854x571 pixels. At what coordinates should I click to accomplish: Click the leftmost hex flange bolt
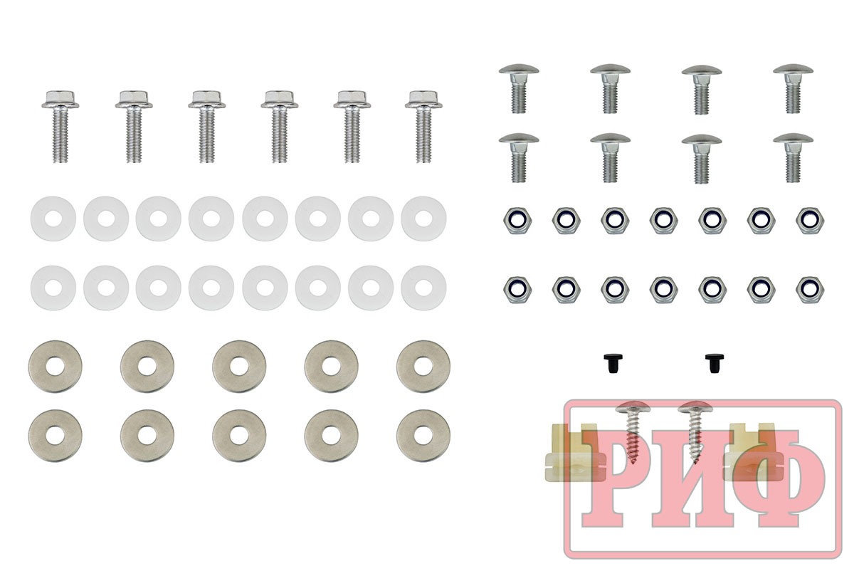pyautogui.click(x=60, y=127)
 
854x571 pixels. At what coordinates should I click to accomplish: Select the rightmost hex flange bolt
pyautogui.click(x=423, y=127)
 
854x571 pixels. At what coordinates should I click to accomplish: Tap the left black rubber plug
pyautogui.click(x=613, y=363)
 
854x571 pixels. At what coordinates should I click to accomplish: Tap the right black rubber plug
pyautogui.click(x=715, y=363)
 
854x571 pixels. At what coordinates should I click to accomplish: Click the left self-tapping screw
pyautogui.click(x=632, y=431)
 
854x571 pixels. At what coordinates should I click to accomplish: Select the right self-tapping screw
pyautogui.click(x=695, y=431)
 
